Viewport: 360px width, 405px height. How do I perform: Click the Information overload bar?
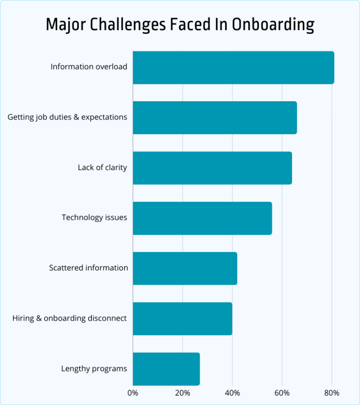click(233, 67)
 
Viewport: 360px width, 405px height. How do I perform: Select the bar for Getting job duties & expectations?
click(214, 118)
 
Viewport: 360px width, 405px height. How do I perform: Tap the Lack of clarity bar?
click(212, 168)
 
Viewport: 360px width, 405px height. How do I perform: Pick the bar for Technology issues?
click(202, 218)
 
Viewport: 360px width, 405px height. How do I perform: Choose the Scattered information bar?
click(185, 268)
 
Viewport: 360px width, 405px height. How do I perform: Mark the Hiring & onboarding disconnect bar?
click(182, 318)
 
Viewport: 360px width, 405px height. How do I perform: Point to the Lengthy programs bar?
click(166, 368)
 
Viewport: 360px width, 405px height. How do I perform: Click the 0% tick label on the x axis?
click(133, 393)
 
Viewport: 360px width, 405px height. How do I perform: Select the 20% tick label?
click(182, 393)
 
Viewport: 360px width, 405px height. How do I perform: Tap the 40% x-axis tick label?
click(232, 393)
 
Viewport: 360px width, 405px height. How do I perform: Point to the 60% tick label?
click(282, 393)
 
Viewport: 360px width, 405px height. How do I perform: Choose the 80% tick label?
click(331, 393)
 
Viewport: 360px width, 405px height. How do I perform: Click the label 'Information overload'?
click(89, 67)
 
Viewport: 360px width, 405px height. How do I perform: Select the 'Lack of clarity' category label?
click(102, 167)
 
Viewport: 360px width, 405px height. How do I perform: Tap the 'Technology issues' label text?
click(94, 217)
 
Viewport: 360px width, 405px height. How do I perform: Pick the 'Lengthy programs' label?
click(94, 368)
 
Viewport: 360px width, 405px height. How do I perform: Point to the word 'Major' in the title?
click(65, 25)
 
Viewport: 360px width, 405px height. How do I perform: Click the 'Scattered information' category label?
click(89, 268)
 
